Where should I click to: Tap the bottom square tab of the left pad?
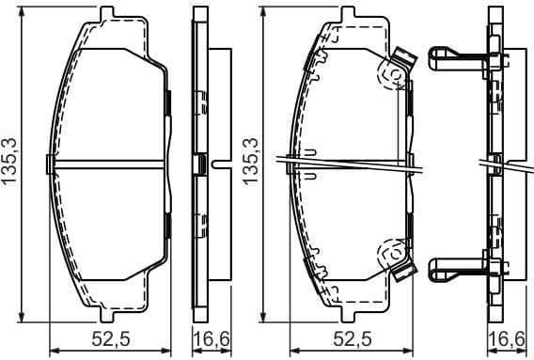pos(107,313)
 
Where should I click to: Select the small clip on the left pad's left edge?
pos(50,164)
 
